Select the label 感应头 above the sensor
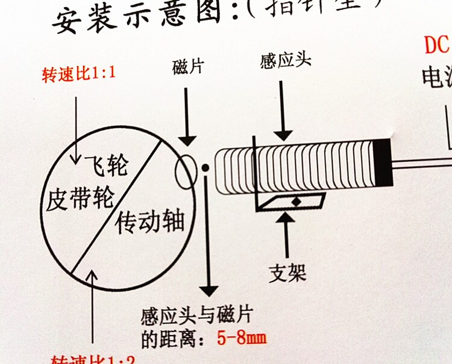click(286, 61)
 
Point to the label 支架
click(287, 272)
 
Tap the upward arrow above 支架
click(287, 236)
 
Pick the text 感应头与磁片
click(196, 316)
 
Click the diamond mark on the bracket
click(295, 201)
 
